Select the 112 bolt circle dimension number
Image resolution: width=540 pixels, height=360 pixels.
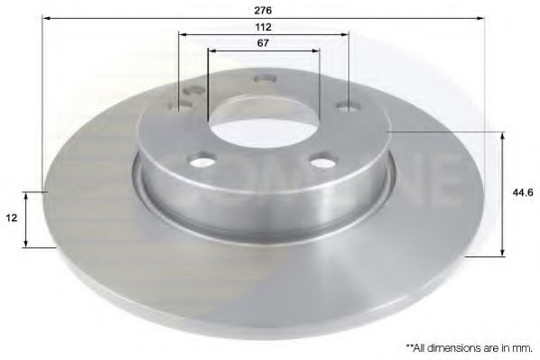coord(264,27)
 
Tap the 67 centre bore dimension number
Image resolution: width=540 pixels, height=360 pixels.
coord(264,43)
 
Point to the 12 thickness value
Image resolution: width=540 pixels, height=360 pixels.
coord(10,218)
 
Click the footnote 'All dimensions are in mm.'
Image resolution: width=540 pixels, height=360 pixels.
coord(469,346)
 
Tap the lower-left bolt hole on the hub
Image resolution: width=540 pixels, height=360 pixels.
coord(203,162)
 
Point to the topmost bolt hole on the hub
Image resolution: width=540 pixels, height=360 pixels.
coord(265,78)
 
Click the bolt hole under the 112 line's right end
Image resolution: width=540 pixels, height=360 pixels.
coord(346,106)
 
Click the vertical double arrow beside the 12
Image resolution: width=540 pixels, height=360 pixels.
coord(29,218)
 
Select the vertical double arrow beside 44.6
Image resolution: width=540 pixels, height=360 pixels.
coord(502,193)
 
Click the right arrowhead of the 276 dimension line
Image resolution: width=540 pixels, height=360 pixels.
coord(483,17)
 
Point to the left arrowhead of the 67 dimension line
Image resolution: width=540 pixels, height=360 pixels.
coord(212,51)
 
